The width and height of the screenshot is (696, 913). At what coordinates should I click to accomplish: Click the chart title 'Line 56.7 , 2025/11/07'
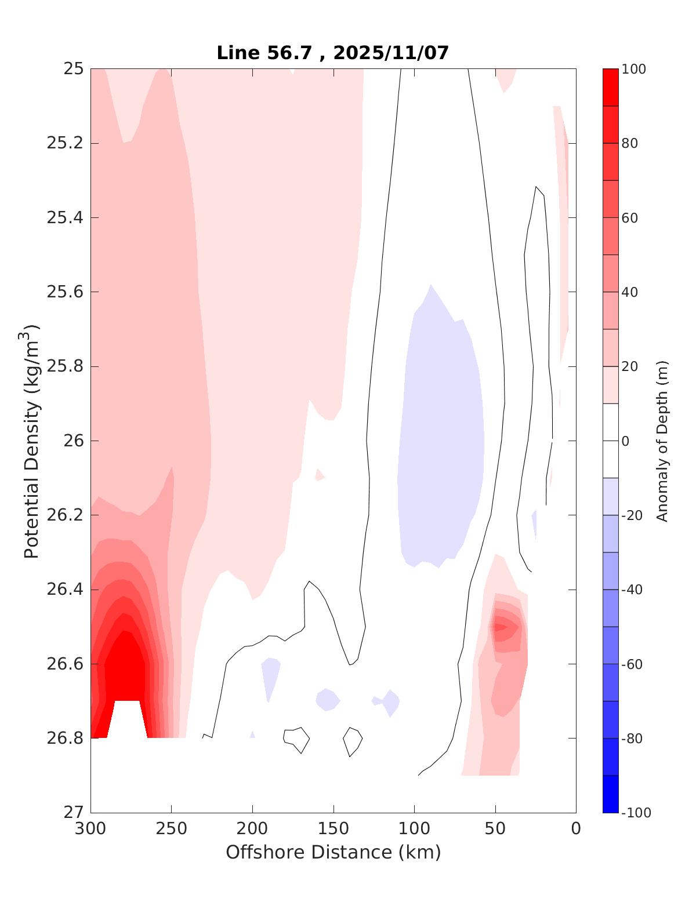pos(332,53)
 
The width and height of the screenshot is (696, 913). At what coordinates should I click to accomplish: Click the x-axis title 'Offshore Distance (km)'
pos(333,852)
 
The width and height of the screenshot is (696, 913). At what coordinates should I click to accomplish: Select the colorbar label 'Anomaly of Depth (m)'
pos(662,441)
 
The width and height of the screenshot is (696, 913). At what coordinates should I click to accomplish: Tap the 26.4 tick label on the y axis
pos(65,590)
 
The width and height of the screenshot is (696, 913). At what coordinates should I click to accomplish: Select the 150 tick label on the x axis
pos(333,829)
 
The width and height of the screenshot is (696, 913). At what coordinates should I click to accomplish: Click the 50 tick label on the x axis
pos(495,829)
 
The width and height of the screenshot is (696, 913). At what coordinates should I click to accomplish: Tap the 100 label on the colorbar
pos(633,70)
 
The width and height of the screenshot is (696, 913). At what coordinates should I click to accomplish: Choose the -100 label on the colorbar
pos(636,813)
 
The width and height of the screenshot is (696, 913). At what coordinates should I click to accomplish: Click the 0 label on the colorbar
pos(625,441)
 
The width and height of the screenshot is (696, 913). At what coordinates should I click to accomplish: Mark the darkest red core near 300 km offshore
pos(128,667)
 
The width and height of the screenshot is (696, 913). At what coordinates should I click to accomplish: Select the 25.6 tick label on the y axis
pos(65,292)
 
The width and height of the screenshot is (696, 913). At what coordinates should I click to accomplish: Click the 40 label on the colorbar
pos(630,292)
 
